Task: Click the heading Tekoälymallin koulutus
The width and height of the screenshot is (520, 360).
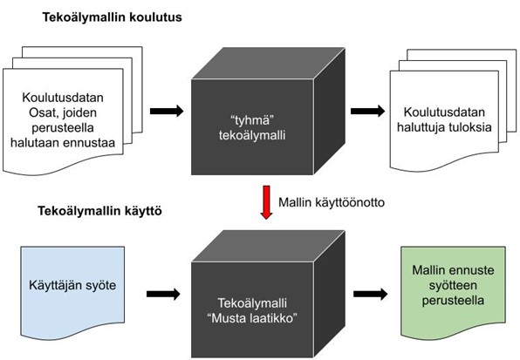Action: [x=112, y=17]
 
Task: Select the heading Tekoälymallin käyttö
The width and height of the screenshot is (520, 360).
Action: [x=99, y=211]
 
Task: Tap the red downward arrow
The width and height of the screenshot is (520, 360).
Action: [x=266, y=202]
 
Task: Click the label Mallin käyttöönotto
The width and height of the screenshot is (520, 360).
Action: [x=332, y=202]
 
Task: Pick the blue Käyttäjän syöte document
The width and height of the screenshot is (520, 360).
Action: [x=72, y=291]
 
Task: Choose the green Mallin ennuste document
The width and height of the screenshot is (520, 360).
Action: [x=453, y=291]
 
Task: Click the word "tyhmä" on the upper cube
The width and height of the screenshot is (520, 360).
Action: [x=253, y=120]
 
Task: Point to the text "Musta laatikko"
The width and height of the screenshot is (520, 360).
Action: [x=252, y=318]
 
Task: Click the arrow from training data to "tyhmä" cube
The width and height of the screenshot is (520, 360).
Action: [x=167, y=111]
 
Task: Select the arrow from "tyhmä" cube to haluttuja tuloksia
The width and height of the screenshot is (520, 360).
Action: [x=368, y=111]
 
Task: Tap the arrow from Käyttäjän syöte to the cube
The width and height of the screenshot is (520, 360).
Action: [x=163, y=294]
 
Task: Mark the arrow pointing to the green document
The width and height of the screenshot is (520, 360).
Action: [x=371, y=294]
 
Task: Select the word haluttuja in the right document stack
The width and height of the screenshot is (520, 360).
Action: [x=421, y=127]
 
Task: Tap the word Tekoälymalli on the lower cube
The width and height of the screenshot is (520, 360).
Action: [x=252, y=303]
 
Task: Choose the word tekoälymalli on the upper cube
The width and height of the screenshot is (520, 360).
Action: [x=252, y=135]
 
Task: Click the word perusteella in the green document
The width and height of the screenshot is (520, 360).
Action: [x=453, y=301]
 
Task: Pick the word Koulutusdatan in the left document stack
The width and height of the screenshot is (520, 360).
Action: [x=63, y=98]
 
